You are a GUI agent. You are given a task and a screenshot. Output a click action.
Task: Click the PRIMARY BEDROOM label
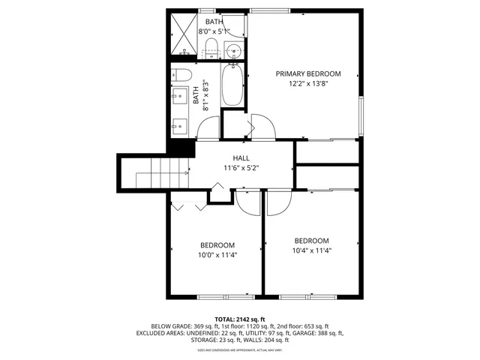point(307,73)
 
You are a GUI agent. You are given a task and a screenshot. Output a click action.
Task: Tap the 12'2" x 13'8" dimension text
point(307,85)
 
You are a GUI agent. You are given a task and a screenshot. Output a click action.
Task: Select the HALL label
point(241,157)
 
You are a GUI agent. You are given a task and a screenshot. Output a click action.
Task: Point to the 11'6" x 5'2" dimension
point(241,169)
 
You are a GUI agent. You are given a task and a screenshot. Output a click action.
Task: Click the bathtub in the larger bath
point(232,88)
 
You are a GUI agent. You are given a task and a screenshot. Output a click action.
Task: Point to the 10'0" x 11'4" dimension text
point(217,255)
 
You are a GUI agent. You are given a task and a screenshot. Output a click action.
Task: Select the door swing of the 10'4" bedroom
point(276,201)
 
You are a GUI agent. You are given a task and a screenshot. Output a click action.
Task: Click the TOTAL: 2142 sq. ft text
point(241,318)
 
